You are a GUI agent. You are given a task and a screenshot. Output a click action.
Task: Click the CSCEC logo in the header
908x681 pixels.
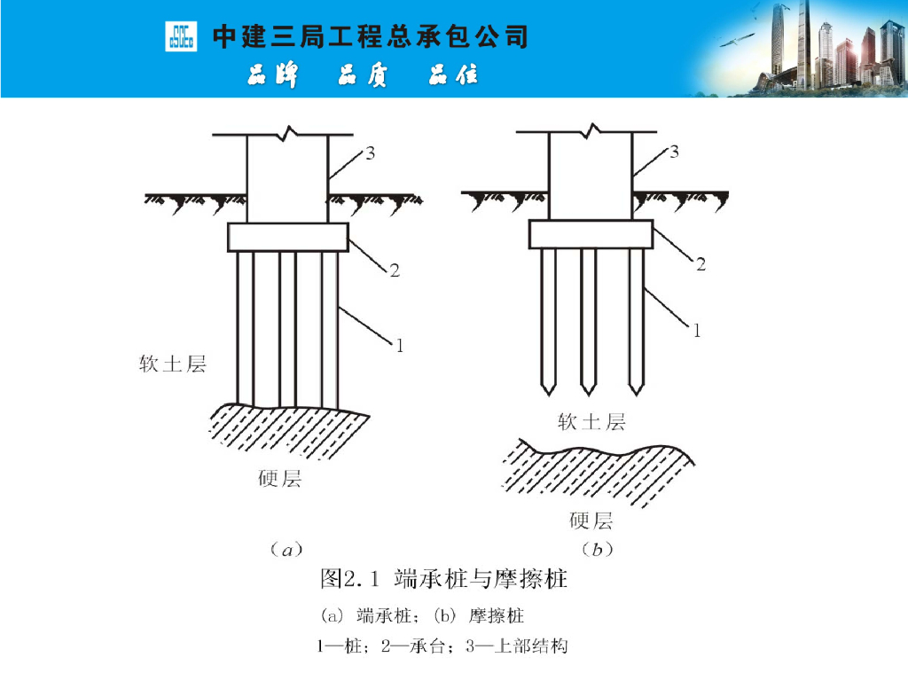(x=181, y=36)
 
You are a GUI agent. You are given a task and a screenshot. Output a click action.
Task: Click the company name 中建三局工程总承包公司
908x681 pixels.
(x=371, y=36)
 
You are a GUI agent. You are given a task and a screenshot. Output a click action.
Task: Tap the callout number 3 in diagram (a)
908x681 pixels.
(x=370, y=153)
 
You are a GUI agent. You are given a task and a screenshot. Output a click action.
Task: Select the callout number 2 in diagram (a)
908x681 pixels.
(x=395, y=270)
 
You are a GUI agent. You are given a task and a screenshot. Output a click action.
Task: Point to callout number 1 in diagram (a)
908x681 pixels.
(x=400, y=346)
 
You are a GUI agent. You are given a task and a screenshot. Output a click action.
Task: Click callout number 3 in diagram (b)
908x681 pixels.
(x=674, y=153)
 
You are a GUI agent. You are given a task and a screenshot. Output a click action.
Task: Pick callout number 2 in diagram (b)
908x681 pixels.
(x=701, y=264)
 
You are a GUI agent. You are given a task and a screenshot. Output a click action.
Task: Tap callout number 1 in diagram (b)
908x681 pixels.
(x=697, y=331)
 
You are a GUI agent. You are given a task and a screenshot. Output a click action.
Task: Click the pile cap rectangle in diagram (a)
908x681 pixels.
(x=288, y=238)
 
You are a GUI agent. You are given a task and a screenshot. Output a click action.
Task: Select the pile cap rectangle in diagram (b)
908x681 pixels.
(x=591, y=234)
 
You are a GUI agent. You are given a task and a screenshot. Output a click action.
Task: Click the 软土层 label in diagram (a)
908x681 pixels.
(x=173, y=364)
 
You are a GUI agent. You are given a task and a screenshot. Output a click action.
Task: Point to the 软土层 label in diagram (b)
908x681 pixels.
(x=591, y=421)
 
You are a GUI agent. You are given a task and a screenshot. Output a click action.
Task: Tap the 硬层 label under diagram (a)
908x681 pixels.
(x=279, y=478)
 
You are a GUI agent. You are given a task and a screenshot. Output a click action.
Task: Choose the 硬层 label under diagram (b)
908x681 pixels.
(x=591, y=521)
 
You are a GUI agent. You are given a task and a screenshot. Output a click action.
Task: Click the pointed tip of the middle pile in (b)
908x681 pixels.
(x=589, y=395)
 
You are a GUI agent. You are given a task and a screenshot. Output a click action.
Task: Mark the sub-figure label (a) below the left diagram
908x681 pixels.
(x=286, y=549)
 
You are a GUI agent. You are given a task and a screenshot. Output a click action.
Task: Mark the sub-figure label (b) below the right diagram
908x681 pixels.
(x=597, y=549)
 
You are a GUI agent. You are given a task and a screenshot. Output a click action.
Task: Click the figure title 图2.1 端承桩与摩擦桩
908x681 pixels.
(x=444, y=578)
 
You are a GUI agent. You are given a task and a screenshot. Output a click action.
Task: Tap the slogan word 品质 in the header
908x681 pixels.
(x=363, y=75)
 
